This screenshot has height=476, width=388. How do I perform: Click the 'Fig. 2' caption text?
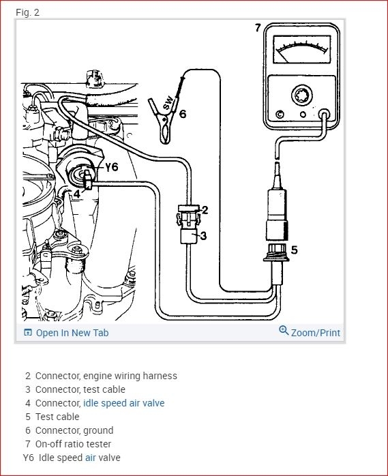tap(27, 13)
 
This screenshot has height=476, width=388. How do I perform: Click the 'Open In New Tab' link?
tap(72, 333)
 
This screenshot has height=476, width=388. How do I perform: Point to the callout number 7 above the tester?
tap(257, 28)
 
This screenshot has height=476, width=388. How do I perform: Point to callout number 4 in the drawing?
tap(77, 194)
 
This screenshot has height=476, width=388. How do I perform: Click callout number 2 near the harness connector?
tap(204, 210)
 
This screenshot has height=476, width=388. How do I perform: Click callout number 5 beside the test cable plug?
tap(294, 250)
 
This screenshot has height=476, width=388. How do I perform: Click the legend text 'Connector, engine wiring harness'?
tap(106, 376)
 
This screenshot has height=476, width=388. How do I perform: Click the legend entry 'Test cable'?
tap(57, 417)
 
